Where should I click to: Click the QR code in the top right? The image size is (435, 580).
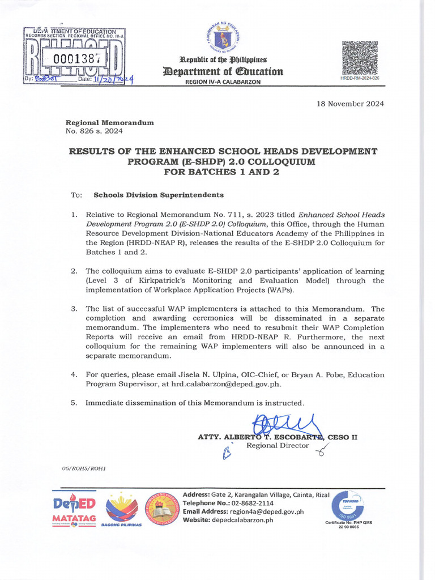tap(360, 58)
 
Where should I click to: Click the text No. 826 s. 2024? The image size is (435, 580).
tap(94, 131)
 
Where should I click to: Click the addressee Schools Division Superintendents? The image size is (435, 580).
tap(159, 195)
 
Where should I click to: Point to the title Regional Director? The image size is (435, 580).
tap(278, 445)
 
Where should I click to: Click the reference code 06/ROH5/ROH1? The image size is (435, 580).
tap(83, 468)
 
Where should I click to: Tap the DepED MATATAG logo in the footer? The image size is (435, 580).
tap(74, 508)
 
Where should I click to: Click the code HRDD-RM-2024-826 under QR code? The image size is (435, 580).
tap(360, 78)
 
